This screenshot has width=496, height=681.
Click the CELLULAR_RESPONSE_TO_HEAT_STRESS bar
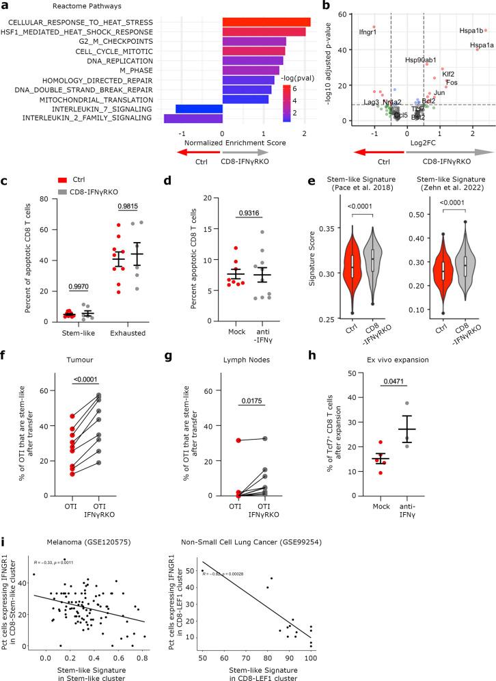[x=266, y=23]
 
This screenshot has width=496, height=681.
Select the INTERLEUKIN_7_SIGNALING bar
[x=199, y=109]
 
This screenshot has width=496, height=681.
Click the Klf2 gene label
[x=449, y=73]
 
